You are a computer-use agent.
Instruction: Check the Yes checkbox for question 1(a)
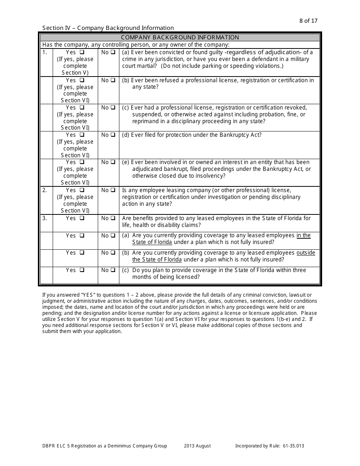click(82, 52)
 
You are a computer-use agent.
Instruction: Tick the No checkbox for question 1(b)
click(113, 80)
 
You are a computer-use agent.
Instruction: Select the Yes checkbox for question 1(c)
click(82, 108)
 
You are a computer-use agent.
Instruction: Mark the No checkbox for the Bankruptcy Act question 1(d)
click(113, 135)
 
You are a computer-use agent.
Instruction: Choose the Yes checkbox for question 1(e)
click(82, 162)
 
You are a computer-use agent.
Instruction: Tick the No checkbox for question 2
click(113, 190)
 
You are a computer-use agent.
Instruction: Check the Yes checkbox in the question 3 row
click(82, 218)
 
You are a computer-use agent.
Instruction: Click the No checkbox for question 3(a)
click(113, 236)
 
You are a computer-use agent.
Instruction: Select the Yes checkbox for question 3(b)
click(82, 253)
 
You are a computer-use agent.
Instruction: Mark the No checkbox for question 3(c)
click(113, 270)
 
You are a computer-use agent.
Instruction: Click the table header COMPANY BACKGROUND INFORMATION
click(180, 38)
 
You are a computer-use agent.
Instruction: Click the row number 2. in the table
click(45, 190)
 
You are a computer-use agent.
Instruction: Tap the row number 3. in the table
click(45, 218)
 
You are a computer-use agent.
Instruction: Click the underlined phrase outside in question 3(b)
click(305, 253)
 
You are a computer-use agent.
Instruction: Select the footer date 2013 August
click(197, 446)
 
